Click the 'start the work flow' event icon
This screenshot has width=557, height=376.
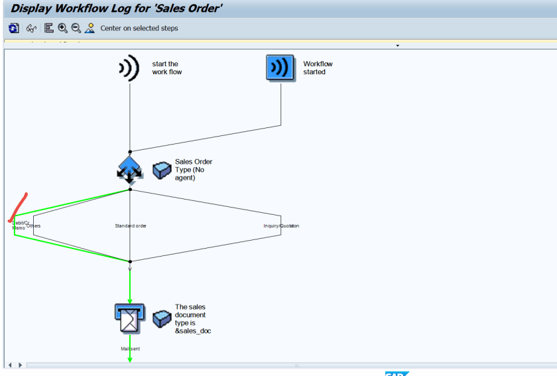click(129, 68)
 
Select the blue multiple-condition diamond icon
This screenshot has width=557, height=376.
click(130, 169)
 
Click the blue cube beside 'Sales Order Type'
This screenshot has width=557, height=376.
click(162, 170)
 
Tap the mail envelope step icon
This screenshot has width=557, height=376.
click(129, 319)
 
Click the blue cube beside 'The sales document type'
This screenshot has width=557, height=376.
click(162, 319)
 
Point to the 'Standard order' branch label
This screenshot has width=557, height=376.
click(131, 226)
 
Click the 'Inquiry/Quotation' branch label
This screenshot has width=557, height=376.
click(281, 226)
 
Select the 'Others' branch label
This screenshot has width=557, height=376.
click(34, 226)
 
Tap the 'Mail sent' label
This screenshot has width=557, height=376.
click(130, 348)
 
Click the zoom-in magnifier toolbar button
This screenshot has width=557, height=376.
click(63, 28)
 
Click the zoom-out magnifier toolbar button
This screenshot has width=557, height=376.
click(76, 28)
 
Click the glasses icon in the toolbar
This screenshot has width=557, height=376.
click(31, 28)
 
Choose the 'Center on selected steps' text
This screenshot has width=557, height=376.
click(139, 29)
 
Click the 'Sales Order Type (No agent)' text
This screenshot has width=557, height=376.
click(194, 169)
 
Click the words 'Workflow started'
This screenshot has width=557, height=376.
click(318, 68)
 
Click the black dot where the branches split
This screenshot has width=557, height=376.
click(130, 190)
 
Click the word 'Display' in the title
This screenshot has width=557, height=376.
click(35, 9)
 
